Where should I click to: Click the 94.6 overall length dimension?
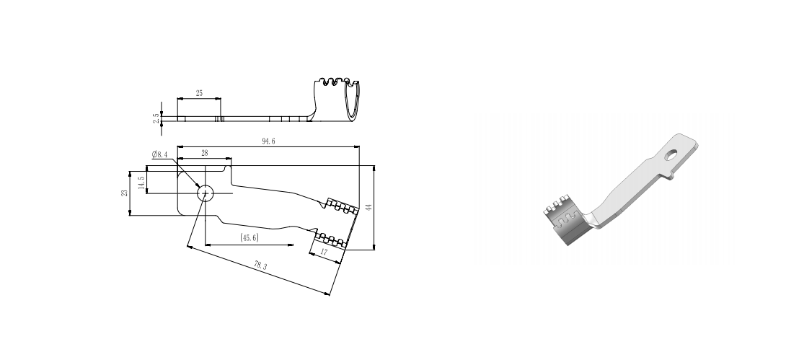coord(268,141)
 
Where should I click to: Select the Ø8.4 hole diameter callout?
coord(160,154)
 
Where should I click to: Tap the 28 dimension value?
coord(204,154)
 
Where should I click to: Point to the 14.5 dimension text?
coord(141,183)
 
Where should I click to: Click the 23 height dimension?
coord(125,193)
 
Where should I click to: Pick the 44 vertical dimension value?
coord(368,207)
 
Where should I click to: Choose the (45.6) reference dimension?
coord(250,237)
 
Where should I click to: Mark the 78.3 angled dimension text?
coord(260,266)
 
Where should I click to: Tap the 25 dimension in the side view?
coord(199,94)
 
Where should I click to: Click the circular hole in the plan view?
coord(206,193)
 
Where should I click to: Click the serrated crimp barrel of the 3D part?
coord(566,224)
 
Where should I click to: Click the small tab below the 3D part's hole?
coord(672,175)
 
